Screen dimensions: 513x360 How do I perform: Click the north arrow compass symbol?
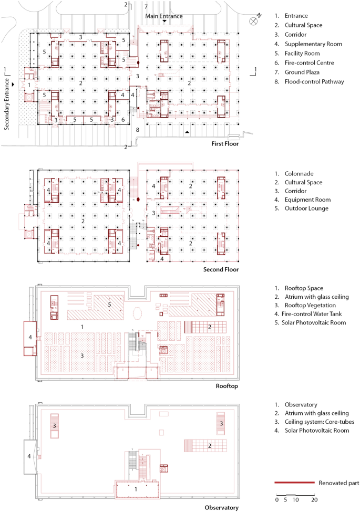click(254, 20)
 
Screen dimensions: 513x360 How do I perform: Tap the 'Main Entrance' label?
click(164, 16)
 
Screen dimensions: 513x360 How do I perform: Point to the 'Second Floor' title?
click(221, 269)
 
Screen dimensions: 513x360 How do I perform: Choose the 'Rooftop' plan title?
click(227, 386)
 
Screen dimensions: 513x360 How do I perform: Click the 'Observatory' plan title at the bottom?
click(221, 507)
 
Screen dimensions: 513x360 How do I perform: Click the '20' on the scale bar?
click(314, 499)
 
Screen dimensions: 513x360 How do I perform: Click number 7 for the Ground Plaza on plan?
click(146, 6)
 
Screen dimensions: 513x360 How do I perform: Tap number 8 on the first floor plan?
click(138, 129)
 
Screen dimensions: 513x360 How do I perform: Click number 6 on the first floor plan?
click(123, 120)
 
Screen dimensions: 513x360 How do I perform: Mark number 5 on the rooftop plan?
click(109, 304)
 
